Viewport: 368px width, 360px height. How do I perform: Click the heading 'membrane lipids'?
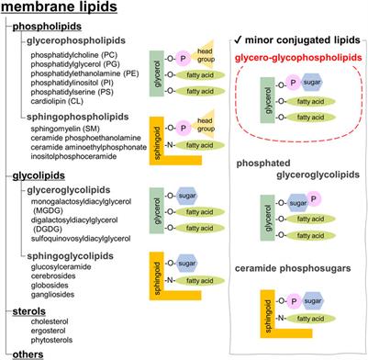tap(63, 8)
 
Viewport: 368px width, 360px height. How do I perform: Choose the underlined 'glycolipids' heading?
tap(42, 173)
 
